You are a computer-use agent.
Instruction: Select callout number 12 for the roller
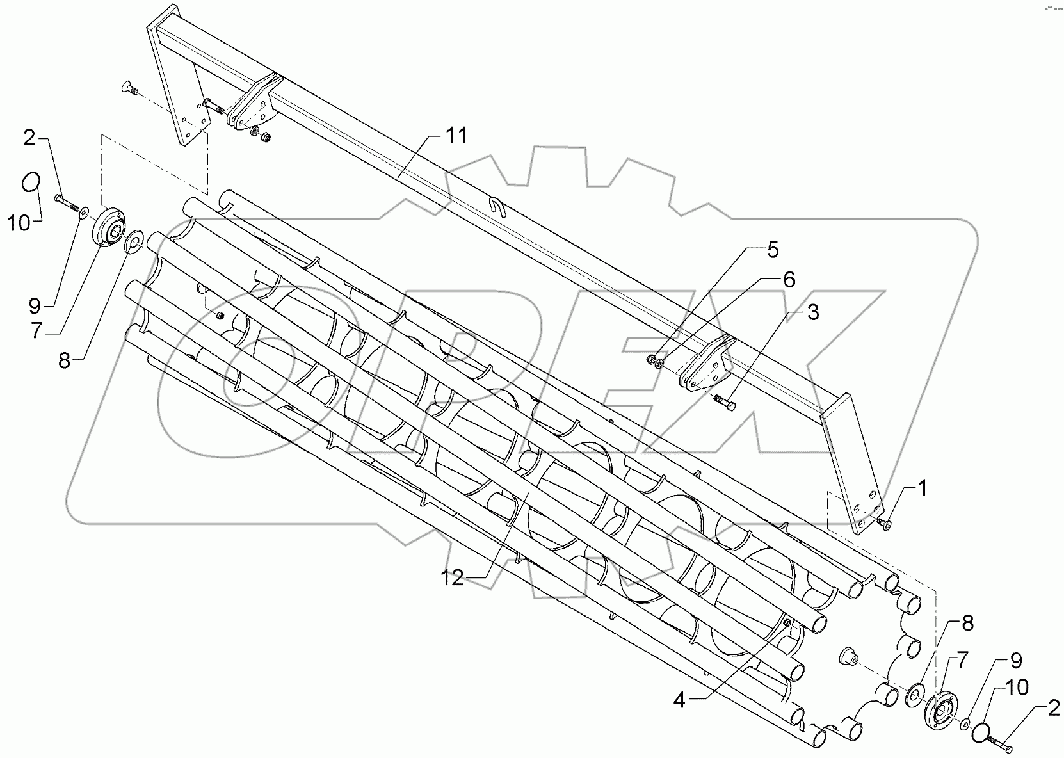coord(451,578)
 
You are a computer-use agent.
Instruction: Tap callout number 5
coord(773,250)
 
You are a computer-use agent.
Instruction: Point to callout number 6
coord(788,279)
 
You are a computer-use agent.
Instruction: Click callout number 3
coord(812,313)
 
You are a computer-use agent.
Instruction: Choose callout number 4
coord(679,701)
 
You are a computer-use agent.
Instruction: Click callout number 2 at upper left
coord(30,138)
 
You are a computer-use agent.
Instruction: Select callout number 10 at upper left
coord(19,224)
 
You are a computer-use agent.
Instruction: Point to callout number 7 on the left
coord(36,331)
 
